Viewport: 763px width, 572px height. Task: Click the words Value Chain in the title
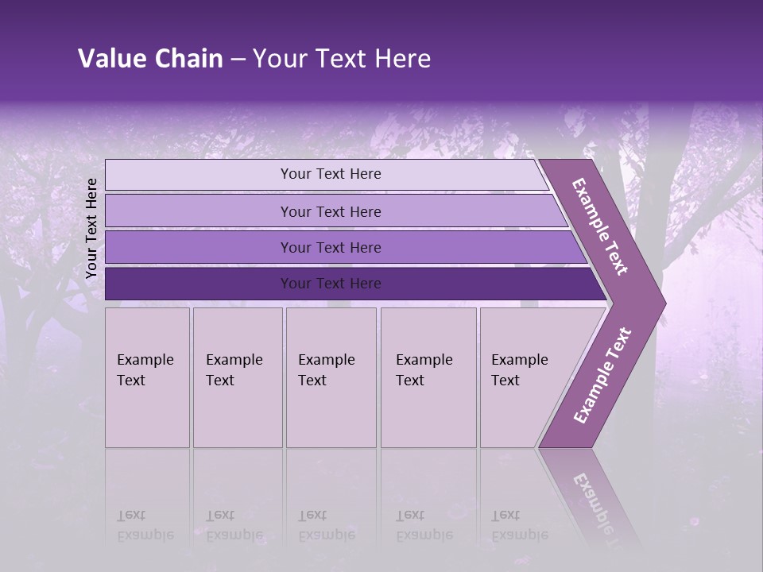[x=150, y=59]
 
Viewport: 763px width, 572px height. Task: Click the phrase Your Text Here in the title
[x=342, y=59]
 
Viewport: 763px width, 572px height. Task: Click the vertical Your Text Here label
[x=91, y=228]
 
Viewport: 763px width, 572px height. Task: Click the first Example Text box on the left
[x=147, y=377]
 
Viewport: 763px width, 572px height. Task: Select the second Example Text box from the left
[x=237, y=377]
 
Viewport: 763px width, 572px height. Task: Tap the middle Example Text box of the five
[x=331, y=377]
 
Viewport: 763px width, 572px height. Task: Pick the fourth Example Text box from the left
[x=428, y=377]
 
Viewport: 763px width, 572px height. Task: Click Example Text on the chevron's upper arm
[x=600, y=226]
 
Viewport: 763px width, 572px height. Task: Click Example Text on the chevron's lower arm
[x=602, y=375]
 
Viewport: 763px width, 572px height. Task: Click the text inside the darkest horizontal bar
[x=331, y=284]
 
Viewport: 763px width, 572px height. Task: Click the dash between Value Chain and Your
[x=238, y=60]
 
